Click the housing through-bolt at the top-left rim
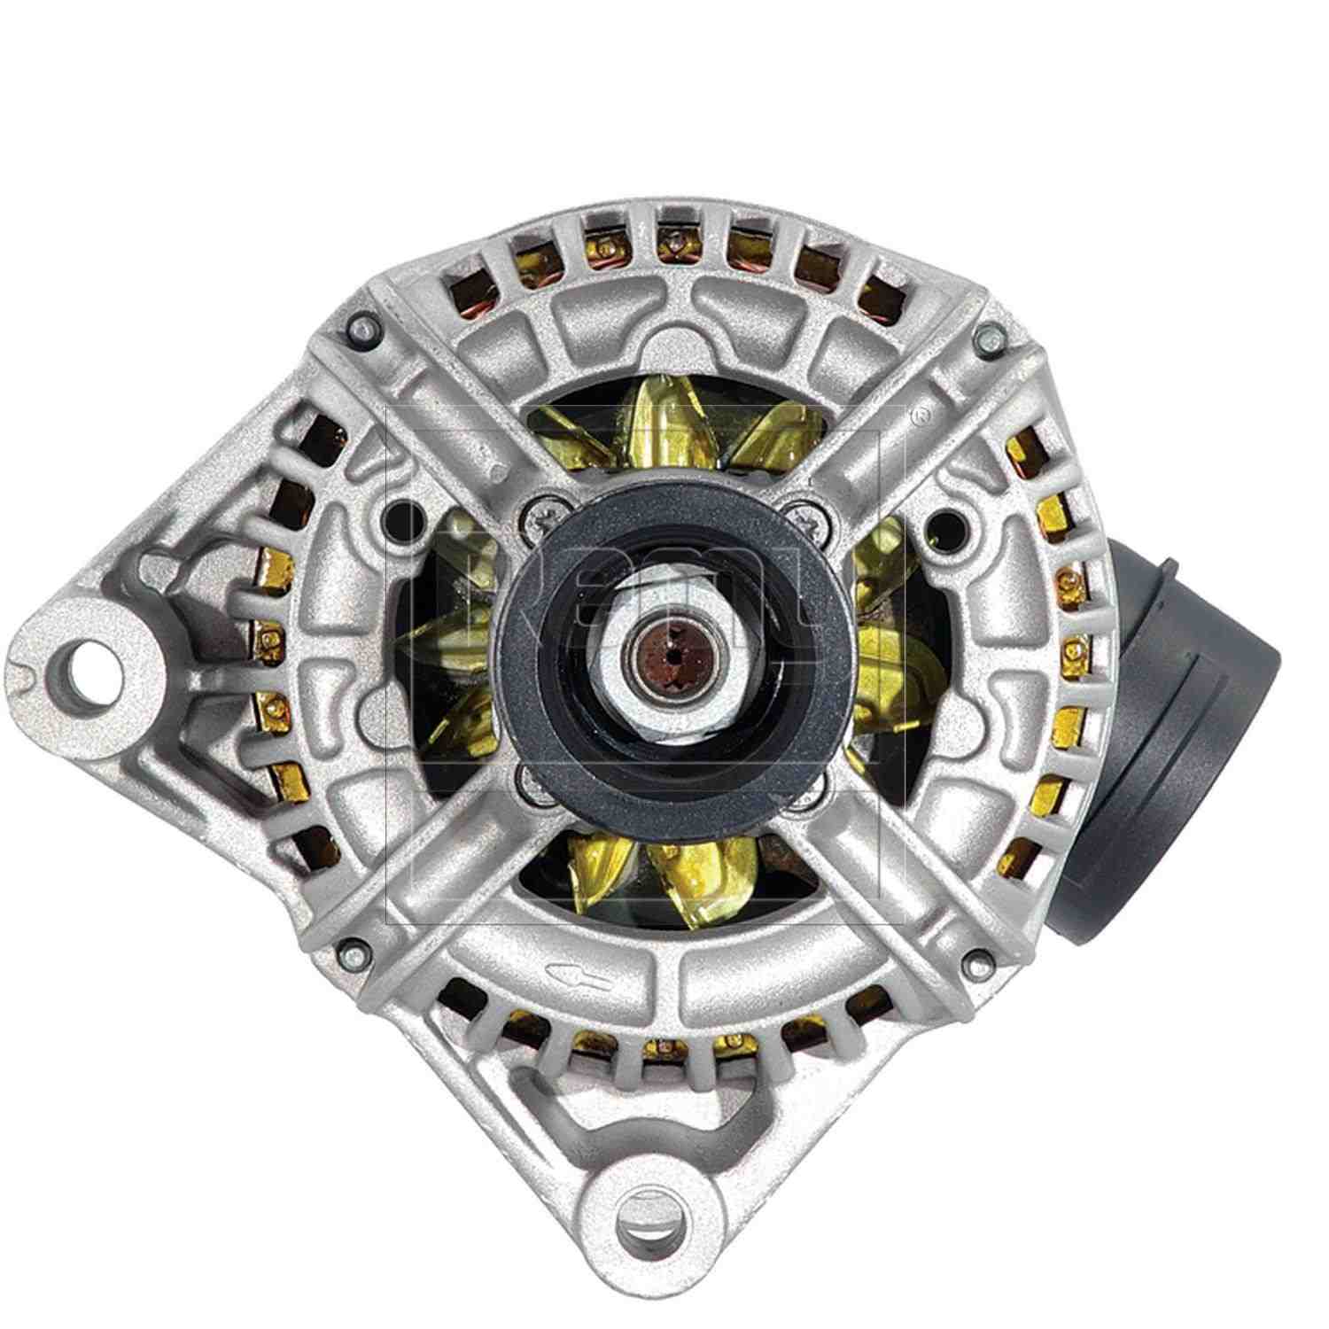358,329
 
